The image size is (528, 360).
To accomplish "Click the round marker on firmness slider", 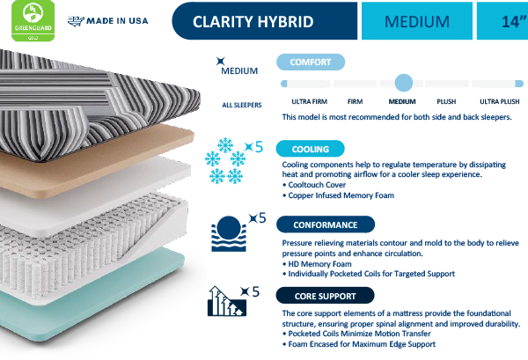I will (403, 84).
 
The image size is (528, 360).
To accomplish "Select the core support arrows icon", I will (225, 303).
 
